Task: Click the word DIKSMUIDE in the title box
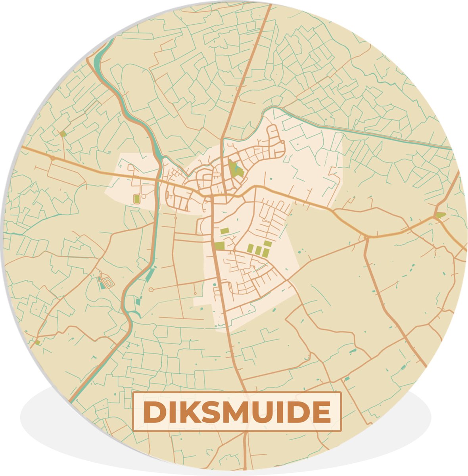237,412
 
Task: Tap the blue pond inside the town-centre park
239,172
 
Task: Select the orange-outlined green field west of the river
137,199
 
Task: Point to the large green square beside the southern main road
219,246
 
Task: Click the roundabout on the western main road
53,157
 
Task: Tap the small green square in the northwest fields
63,134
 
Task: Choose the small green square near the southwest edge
37,342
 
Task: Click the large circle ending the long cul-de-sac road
151,290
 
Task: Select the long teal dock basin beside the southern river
150,275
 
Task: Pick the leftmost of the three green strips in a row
250,248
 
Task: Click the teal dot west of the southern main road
215,284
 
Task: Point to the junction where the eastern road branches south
365,238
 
